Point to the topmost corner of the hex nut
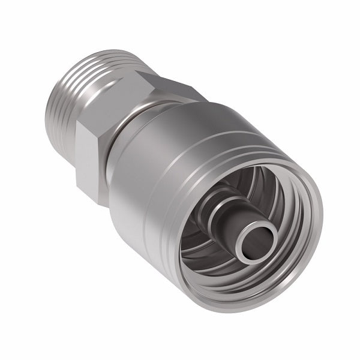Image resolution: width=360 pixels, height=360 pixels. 143,71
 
